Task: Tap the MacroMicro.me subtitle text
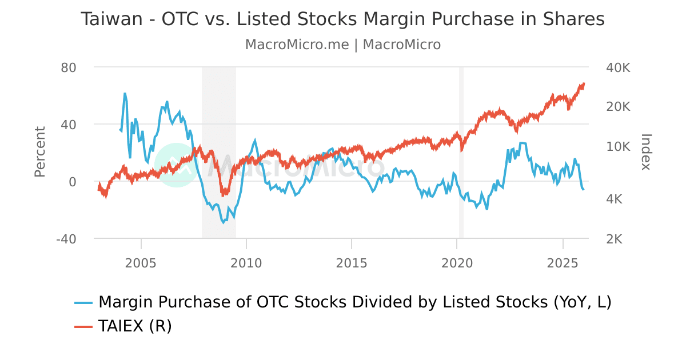pos(297,45)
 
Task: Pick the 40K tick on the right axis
pos(617,67)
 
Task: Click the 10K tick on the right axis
pos(617,146)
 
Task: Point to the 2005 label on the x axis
pos(141,263)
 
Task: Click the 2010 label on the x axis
pos(246,263)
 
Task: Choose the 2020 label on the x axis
pos(457,263)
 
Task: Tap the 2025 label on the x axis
pos(563,263)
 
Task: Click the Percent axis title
pos(39,152)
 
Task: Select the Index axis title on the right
pos(645,152)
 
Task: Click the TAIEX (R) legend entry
pos(135,326)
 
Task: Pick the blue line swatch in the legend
pos(83,302)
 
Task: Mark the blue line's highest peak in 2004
pos(125,93)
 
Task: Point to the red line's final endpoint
pos(584,83)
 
